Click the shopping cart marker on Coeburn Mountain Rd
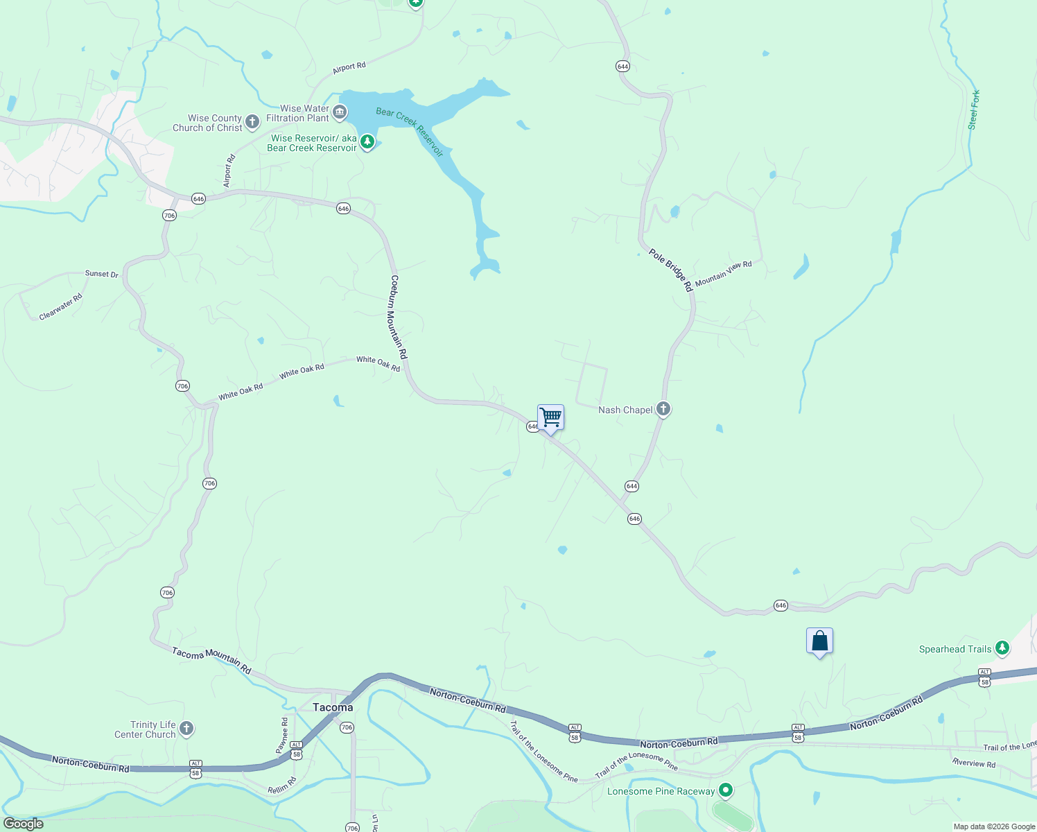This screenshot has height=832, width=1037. (x=550, y=418)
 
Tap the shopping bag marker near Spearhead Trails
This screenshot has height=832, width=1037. (x=819, y=641)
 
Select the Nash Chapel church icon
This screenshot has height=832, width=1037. (x=663, y=409)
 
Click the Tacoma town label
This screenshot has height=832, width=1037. (x=333, y=707)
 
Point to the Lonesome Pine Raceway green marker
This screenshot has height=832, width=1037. (x=726, y=790)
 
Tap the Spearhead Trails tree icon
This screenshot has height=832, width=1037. (x=1002, y=649)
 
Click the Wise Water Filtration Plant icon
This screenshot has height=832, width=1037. (x=340, y=112)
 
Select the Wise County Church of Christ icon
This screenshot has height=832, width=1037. (x=252, y=122)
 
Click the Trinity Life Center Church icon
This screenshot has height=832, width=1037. (x=186, y=729)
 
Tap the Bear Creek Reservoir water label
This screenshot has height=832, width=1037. (x=409, y=132)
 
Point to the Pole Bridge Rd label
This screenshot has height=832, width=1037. (x=670, y=270)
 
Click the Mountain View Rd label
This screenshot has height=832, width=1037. (x=723, y=274)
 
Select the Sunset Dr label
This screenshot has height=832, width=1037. (x=102, y=274)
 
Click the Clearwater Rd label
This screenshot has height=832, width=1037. (x=61, y=306)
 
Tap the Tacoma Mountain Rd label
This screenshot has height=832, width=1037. (x=211, y=661)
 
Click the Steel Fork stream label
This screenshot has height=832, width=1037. (x=974, y=110)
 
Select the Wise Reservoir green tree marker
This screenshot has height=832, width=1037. (x=367, y=143)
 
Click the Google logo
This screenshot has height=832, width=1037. (x=24, y=824)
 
